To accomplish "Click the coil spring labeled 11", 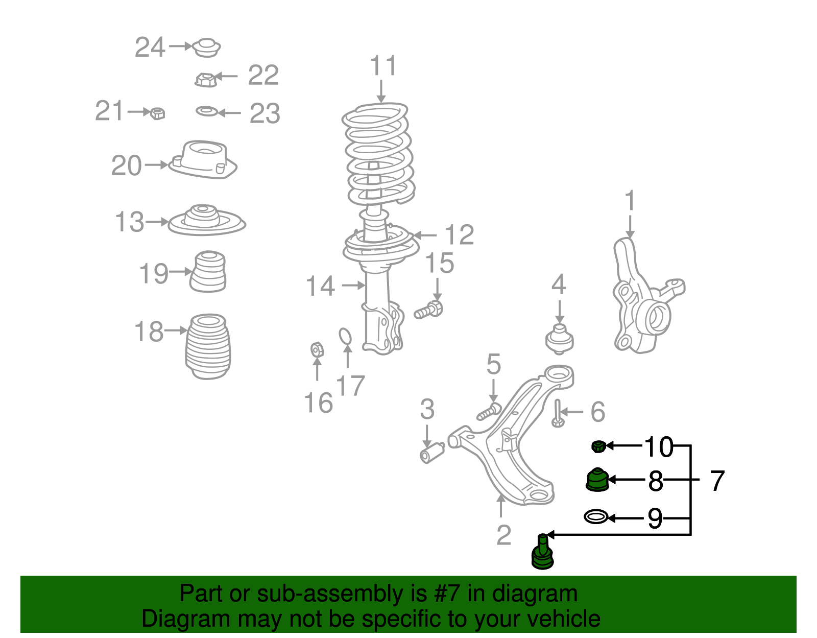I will pos(378,153).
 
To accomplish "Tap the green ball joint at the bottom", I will pos(542,553).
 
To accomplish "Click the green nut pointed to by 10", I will pos(598,446).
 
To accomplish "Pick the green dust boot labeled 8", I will pos(596,480).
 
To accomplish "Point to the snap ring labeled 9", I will pos(596,517).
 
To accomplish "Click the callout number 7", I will pos(717,481).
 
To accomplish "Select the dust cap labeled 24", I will pos(207,48).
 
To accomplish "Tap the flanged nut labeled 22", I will pos(206,80).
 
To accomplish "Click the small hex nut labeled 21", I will pos(158,113).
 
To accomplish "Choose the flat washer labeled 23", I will pos(207,111).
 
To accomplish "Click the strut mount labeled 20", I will pos(203,160).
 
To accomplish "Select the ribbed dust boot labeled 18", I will pos(208,346).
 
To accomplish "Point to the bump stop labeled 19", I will pos(208,272).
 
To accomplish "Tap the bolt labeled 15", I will pos(429,310).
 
